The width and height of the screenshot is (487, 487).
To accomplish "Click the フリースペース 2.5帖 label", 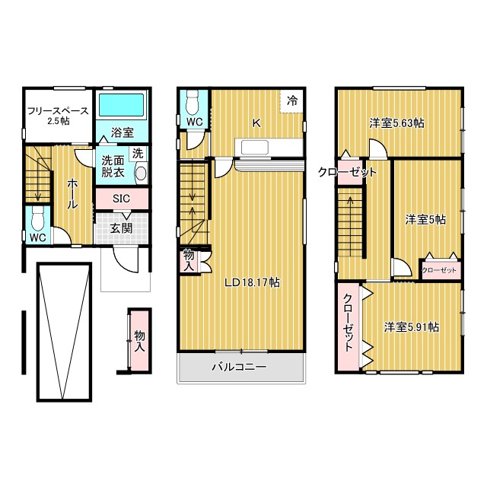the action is pos(58,116).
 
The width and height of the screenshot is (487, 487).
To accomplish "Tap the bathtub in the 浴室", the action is pos(122,105).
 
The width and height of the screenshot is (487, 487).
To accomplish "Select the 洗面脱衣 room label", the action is pos(113,167).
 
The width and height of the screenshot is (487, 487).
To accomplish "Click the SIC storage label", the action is pos(121,199).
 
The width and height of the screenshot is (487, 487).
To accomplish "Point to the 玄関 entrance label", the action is pos(121,228).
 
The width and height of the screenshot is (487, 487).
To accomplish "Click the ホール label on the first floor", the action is pos(72,194).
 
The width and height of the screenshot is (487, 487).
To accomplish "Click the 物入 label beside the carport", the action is pos(140,341).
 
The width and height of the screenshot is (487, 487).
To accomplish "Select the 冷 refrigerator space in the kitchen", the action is pos(292,100).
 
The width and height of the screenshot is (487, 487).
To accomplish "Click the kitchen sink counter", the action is pos(269,148).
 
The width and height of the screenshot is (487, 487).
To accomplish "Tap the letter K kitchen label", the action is pos(256,123).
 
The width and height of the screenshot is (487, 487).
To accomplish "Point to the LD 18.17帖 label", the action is pos(252,282).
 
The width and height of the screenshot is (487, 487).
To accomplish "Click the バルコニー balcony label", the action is pos(239,367).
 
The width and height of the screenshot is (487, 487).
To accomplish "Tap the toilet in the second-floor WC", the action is pos(193,102).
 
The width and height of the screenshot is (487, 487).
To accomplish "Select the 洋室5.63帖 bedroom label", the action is pos(396,123).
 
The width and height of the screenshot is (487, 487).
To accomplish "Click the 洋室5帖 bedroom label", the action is pos(425,220).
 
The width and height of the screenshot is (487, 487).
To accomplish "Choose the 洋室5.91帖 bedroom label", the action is pos(412,327).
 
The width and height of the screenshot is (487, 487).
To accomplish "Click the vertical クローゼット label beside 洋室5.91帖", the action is pos(349,323).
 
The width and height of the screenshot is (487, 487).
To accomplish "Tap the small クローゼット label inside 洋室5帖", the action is pos(439,270).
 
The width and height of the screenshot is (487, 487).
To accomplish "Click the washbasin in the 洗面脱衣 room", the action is pos(141,173).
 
